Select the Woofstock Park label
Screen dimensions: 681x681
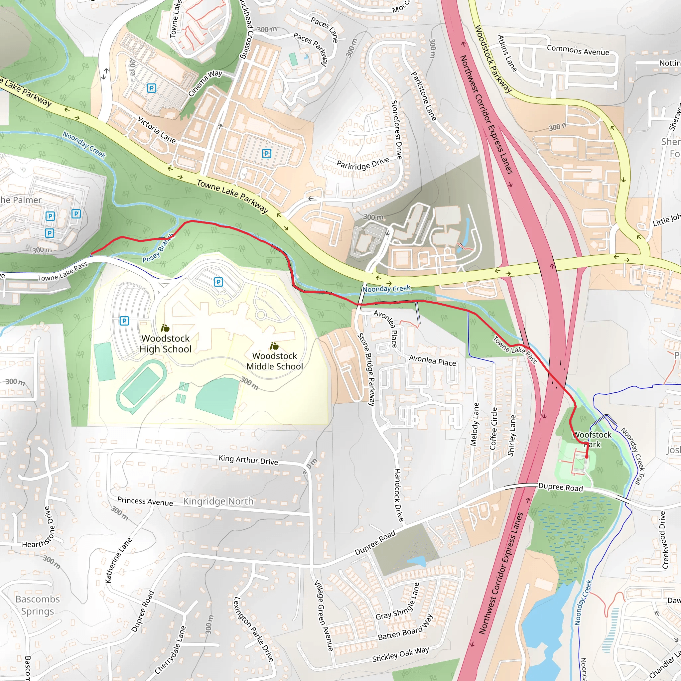[593, 439]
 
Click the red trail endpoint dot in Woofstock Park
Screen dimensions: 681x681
[587, 457]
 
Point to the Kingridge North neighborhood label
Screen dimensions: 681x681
[218, 501]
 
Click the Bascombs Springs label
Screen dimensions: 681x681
[37, 605]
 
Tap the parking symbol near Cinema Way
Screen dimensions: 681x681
[151, 88]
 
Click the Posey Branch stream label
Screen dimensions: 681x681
[158, 248]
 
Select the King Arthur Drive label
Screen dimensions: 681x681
[248, 460]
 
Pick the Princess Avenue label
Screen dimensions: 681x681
[145, 501]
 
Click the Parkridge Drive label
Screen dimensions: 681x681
[362, 164]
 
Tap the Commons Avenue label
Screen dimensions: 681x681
[578, 50]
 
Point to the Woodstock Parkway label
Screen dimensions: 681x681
[493, 59]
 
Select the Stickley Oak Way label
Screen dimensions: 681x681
[400, 654]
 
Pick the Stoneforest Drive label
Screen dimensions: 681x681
[397, 130]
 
